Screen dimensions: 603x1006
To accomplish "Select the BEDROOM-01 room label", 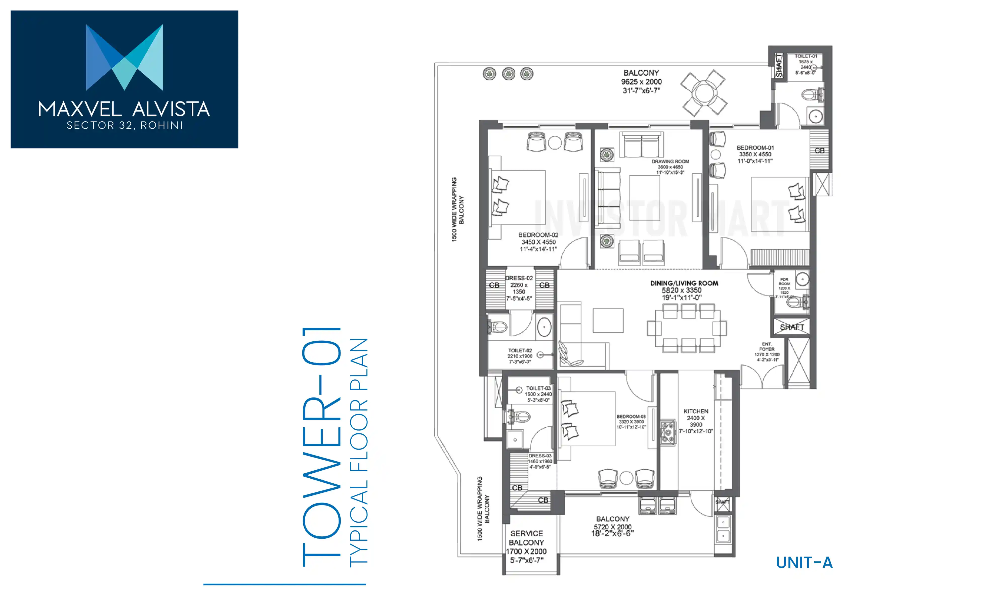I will tap(755, 148).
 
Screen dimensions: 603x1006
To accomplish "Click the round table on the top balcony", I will tap(703, 93).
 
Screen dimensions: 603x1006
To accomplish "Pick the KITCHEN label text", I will tap(696, 411).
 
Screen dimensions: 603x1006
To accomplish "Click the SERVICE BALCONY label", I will tap(527, 538).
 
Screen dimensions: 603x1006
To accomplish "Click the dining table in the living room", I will tap(687, 328).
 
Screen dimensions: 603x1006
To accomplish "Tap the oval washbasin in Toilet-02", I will tap(544, 327).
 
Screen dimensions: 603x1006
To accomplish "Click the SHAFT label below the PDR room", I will tap(792, 327).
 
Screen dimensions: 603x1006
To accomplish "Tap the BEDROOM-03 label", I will tap(631, 417).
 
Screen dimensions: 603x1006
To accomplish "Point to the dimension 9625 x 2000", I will tap(641, 82).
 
